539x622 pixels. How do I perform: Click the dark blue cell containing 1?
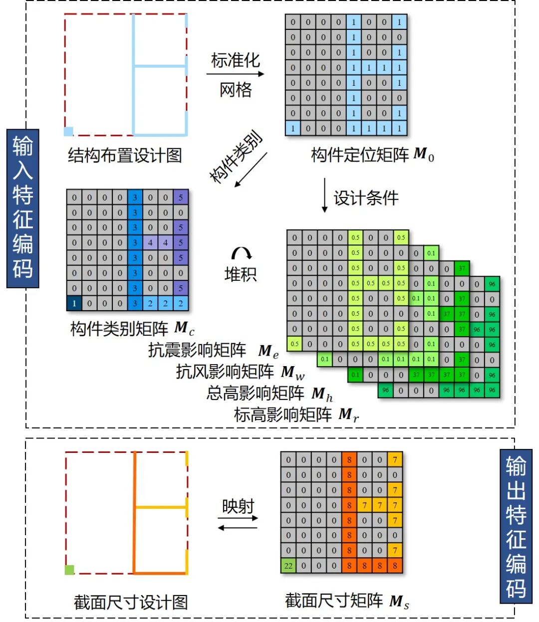pyautogui.click(x=74, y=303)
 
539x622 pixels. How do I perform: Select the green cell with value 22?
pyautogui.click(x=288, y=566)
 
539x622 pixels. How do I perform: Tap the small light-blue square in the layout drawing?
pyautogui.click(x=69, y=131)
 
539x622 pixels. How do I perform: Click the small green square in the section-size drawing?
pyautogui.click(x=69, y=569)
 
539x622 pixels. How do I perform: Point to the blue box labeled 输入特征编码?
pyautogui.click(x=23, y=208)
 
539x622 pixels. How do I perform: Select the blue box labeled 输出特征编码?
pyautogui.click(x=516, y=526)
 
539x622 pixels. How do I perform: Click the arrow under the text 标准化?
pyautogui.click(x=235, y=74)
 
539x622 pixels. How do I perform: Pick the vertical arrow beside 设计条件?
pyautogui.click(x=324, y=195)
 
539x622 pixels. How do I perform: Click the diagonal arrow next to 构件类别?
pyautogui.click(x=251, y=170)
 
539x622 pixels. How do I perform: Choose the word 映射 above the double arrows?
pyautogui.click(x=238, y=506)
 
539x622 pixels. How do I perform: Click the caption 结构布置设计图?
pyautogui.click(x=125, y=156)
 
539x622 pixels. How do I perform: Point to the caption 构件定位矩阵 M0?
pyautogui.click(x=372, y=155)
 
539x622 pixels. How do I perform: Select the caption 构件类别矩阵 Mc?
pyautogui.click(x=132, y=329)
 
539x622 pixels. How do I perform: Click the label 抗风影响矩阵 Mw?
pyautogui.click(x=240, y=372)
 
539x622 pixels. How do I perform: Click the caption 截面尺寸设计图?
pyautogui.click(x=131, y=602)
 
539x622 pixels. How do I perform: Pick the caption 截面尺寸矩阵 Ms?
pyautogui.click(x=347, y=601)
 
